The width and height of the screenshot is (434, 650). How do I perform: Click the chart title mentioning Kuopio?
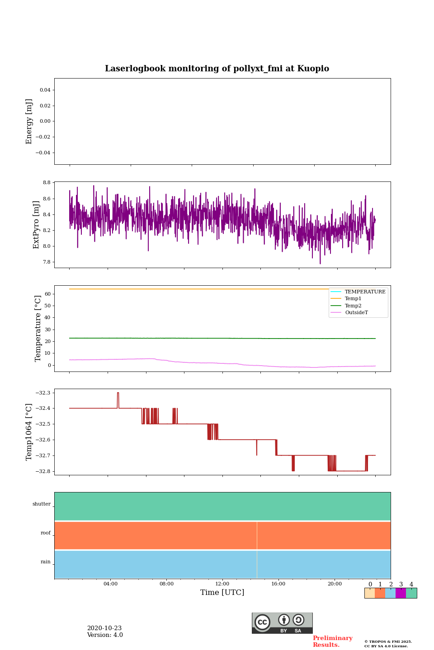tap(217, 69)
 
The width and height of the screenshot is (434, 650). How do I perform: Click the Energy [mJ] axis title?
tap(29, 121)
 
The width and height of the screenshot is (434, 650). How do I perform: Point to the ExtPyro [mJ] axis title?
tap(37, 225)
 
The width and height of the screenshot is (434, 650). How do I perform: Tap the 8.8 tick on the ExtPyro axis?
tap(47, 183)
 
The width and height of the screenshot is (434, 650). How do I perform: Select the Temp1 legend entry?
tap(353, 299)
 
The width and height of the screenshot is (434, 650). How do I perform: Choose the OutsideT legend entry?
tap(356, 313)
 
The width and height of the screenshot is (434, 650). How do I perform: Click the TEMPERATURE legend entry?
tap(365, 292)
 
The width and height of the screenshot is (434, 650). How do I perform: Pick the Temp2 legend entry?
tap(353, 306)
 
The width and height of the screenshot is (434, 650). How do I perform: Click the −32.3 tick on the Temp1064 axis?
tap(43, 393)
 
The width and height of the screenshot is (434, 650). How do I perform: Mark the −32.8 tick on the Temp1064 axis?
tap(43, 471)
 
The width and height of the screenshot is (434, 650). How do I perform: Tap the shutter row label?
tap(42, 504)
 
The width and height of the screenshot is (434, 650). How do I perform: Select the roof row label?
tap(46, 533)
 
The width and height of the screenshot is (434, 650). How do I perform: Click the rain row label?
tap(46, 562)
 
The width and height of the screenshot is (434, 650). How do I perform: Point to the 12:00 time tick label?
tap(222, 584)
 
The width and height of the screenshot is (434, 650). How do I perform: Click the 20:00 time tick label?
tap(335, 584)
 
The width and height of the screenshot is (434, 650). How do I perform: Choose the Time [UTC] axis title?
tap(222, 593)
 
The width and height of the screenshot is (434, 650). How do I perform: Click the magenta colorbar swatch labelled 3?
tap(401, 593)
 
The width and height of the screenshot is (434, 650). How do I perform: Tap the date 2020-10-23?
tap(104, 628)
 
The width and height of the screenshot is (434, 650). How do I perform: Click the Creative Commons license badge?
tap(282, 623)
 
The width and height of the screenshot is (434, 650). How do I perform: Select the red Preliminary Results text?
tap(332, 641)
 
